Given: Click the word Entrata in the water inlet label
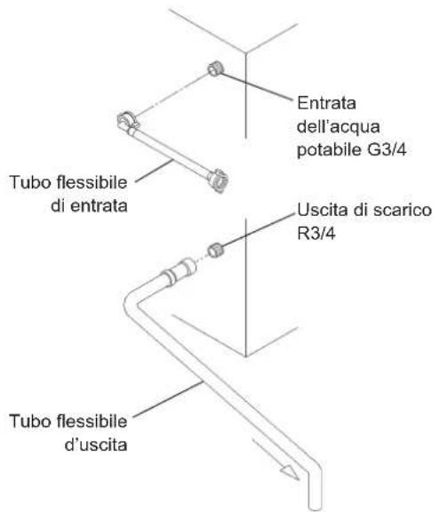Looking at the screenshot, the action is pos(326,103).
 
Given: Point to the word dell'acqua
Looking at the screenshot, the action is pos(338,127).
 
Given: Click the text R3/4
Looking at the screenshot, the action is pos(316,233).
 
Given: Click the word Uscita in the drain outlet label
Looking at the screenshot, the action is pos(322,210).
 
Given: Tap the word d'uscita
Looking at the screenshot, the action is pos(96,444).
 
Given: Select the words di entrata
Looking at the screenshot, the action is pos(89,206).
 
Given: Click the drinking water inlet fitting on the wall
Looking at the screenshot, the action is pos(216,69).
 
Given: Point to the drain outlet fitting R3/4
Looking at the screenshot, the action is pos(215,251).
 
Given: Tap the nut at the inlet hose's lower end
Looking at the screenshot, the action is pos(218,180).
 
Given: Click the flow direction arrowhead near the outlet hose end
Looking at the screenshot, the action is pos(290,472).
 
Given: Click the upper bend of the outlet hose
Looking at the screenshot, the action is pos(132,302).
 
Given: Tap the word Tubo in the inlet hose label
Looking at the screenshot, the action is pos(30,182).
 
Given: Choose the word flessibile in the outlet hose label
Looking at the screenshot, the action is pos(92,421).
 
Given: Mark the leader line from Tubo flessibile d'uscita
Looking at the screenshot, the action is pos(168,399).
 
